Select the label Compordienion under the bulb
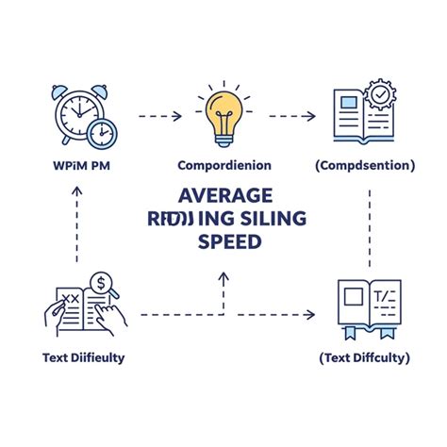[x=224, y=166]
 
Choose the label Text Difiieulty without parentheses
[x=82, y=357]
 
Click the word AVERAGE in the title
[x=224, y=195]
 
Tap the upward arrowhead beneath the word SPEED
[x=223, y=277]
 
